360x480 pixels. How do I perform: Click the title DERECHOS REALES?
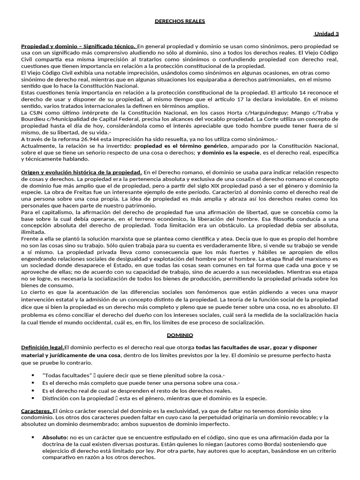180,21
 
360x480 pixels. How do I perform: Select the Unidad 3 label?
326,34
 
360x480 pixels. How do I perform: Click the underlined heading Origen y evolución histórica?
81,173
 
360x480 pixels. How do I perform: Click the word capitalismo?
55,212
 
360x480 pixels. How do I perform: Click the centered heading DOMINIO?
180,335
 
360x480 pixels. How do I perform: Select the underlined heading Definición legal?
43,347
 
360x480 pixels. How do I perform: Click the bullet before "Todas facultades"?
32,375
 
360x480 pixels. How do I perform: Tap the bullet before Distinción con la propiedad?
32,398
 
